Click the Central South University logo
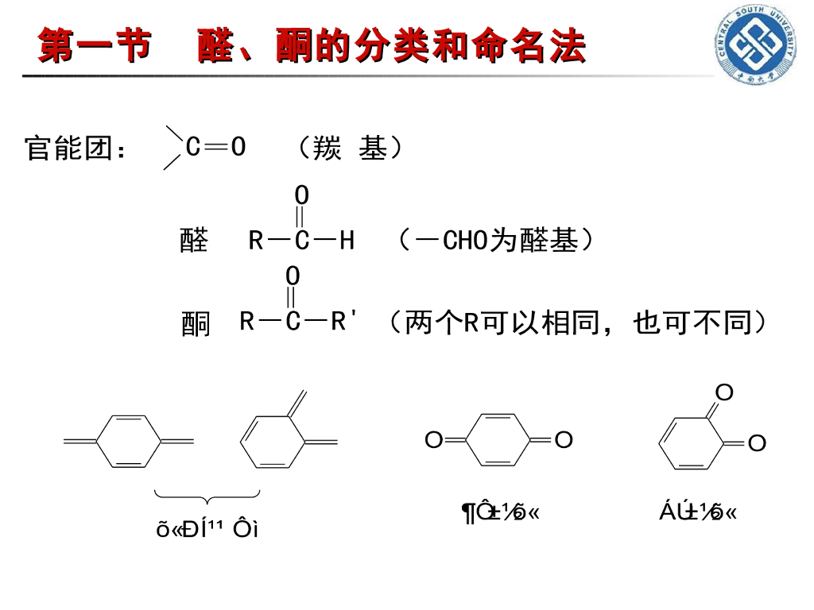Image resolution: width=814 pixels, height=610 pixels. pyautogui.click(x=758, y=44)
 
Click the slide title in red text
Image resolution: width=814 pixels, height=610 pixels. pyautogui.click(x=312, y=46)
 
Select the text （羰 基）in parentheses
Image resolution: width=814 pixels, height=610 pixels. pyautogui.click(x=349, y=149)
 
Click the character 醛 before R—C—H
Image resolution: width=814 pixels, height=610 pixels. pyautogui.click(x=194, y=241)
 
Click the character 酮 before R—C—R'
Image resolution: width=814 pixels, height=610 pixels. pyautogui.click(x=196, y=323)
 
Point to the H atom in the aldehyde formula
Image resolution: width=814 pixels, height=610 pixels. pyautogui.click(x=347, y=241)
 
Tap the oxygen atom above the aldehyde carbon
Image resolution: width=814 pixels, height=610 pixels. pyautogui.click(x=302, y=195)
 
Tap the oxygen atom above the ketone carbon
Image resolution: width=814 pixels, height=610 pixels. pyautogui.click(x=293, y=276)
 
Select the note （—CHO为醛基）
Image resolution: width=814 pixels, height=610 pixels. pyautogui.click(x=495, y=240)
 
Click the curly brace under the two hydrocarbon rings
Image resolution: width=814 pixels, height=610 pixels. pyautogui.click(x=207, y=499)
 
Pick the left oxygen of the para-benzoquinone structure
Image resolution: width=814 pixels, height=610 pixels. pyautogui.click(x=433, y=440)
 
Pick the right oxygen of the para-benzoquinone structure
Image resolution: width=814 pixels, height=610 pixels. pyautogui.click(x=564, y=439)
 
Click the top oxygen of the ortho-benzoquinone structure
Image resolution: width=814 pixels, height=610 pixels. pyautogui.click(x=723, y=392)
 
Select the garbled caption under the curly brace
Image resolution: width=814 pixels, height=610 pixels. pyautogui.click(x=207, y=529)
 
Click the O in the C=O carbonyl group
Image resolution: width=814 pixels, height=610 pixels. pyautogui.click(x=238, y=147)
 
